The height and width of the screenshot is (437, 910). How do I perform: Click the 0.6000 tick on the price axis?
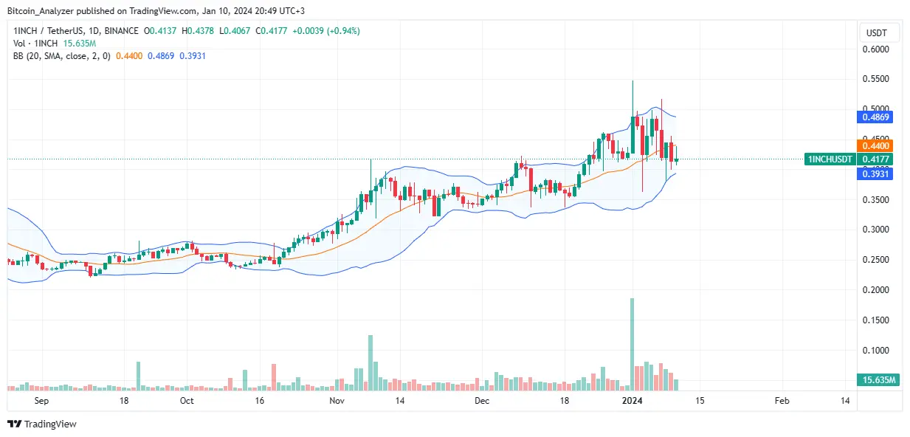[x=877, y=49]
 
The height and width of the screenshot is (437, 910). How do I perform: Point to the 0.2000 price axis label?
[x=877, y=290]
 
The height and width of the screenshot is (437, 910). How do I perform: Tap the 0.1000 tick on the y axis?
[x=877, y=351]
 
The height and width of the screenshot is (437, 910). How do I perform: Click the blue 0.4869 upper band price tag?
[x=876, y=117]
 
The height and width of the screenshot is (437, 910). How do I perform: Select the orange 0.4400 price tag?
[x=876, y=145]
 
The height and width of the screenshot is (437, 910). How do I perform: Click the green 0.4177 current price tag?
[x=876, y=159]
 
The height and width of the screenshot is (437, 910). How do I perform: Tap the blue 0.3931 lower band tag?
[x=876, y=173]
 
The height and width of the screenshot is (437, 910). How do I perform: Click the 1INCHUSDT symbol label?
[x=830, y=159]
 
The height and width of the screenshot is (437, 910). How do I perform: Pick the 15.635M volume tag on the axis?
[x=878, y=379]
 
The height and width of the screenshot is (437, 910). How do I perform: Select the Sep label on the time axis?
[x=41, y=401]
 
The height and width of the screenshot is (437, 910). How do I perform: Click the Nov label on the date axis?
[x=337, y=401]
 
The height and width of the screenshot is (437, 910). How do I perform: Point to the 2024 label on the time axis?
[x=632, y=401]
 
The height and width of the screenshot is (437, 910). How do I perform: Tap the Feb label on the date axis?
[x=782, y=401]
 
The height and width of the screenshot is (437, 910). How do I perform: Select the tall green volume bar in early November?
[x=370, y=362]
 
